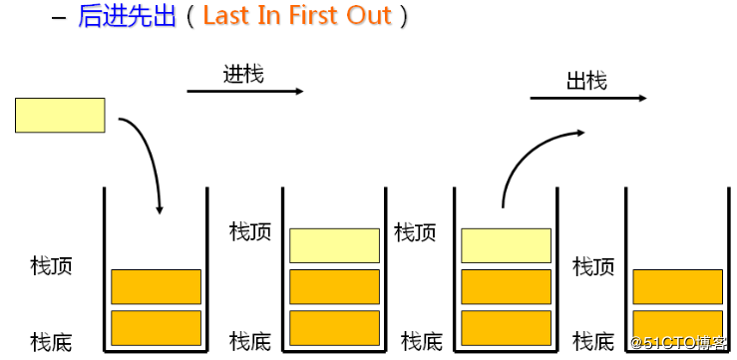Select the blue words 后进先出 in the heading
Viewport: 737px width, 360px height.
[127, 17]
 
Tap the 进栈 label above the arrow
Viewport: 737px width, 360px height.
[242, 73]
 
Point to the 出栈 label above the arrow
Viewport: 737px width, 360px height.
[586, 80]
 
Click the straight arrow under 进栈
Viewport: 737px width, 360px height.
[244, 92]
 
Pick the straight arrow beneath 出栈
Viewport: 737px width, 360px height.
[587, 99]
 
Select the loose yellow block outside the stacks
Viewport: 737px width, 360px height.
[60, 115]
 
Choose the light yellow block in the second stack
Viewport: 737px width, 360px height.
[334, 245]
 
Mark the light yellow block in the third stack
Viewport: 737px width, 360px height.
[506, 245]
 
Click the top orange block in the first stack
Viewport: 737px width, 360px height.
[156, 286]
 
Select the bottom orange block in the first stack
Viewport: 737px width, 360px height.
[156, 327]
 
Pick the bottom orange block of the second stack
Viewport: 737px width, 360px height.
[334, 327]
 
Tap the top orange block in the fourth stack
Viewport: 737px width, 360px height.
[677, 286]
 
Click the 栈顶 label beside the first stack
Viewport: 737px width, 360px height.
[51, 266]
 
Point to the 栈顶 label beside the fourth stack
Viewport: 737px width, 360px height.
[593, 266]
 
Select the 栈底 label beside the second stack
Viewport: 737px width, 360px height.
[249, 341]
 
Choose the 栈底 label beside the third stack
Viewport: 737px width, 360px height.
[420, 341]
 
